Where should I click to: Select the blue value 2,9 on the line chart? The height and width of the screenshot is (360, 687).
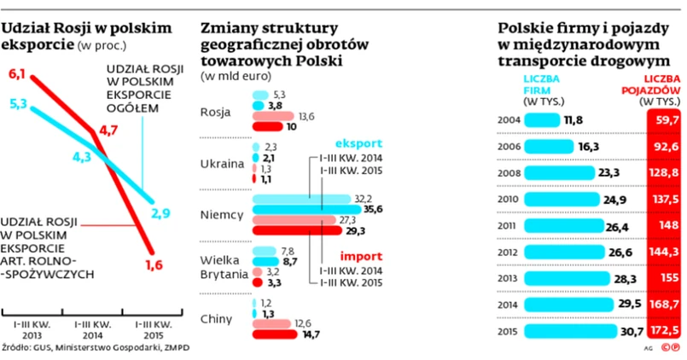162,211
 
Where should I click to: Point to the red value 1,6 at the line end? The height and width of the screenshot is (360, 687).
154,265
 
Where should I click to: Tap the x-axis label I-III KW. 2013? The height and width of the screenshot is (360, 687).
31,330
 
